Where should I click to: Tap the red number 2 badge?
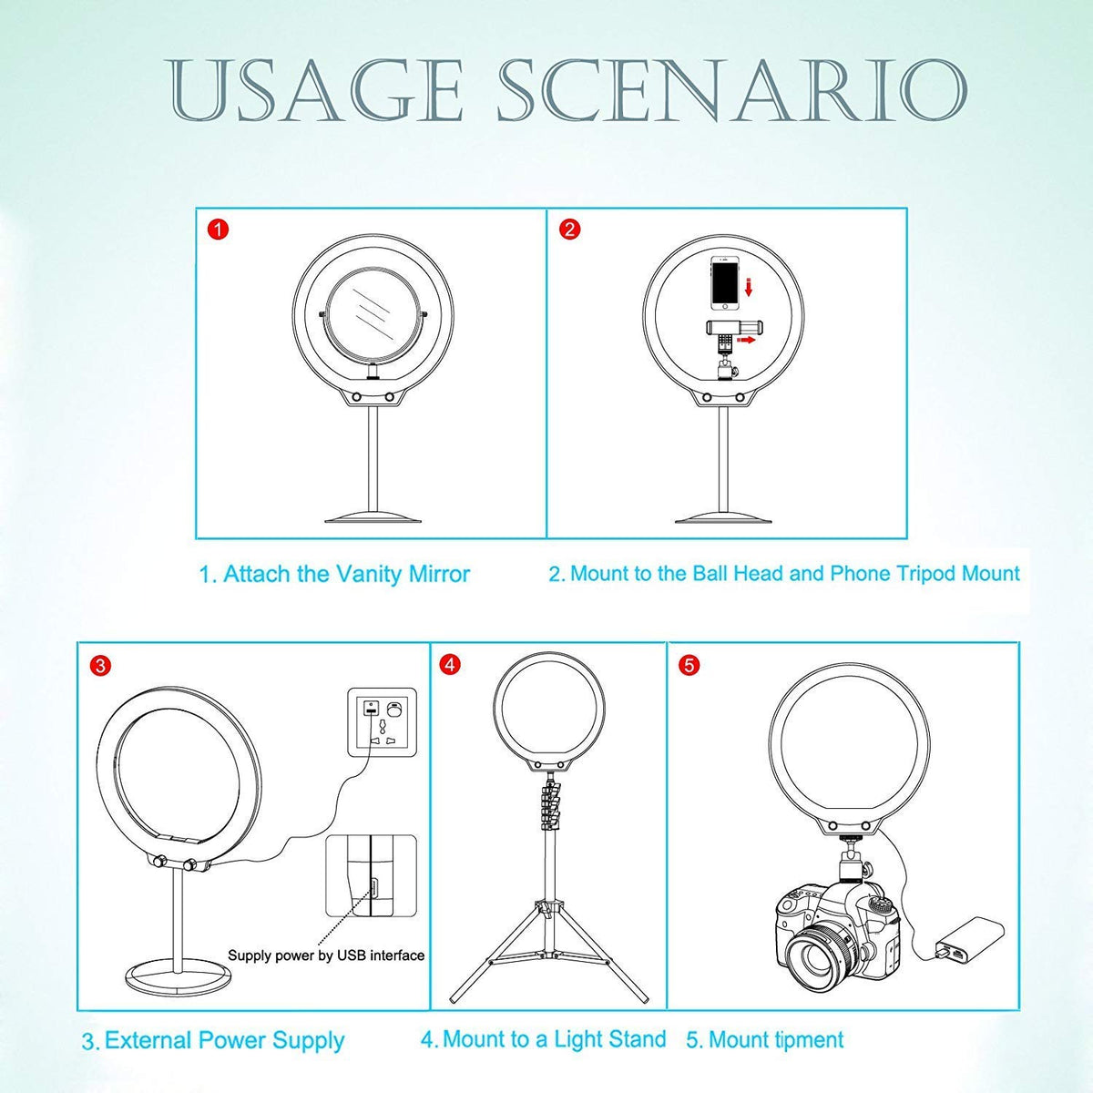tap(569, 230)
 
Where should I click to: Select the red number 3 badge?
tap(101, 666)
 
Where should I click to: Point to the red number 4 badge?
tap(448, 666)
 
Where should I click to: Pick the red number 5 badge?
tap(689, 666)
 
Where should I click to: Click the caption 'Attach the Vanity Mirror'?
tap(334, 575)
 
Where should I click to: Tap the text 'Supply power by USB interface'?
tap(325, 955)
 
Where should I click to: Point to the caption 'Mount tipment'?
tap(764, 1039)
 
